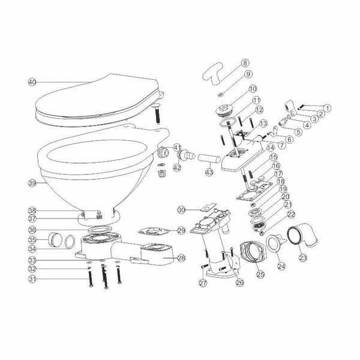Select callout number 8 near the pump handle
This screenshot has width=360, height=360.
click(x=245, y=62)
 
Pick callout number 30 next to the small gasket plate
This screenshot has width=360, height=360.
click(x=181, y=209)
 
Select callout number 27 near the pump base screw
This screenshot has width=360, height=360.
click(x=203, y=283)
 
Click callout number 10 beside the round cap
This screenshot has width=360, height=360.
click(x=244, y=89)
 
